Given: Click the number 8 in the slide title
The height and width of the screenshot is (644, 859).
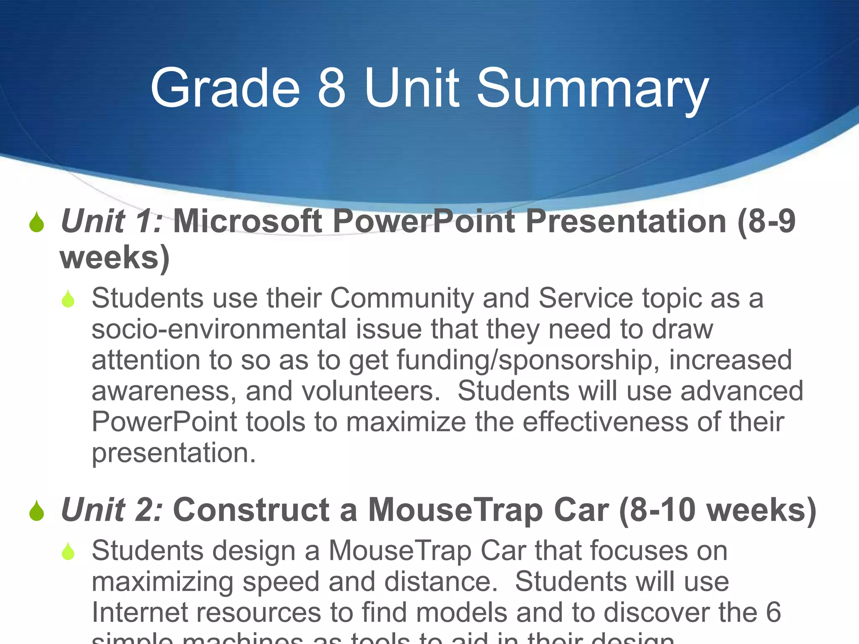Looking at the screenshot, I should (x=331, y=88).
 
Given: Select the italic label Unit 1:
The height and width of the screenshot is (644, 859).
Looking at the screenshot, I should (x=111, y=221).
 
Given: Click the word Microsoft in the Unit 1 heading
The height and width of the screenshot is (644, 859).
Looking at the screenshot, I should (x=247, y=221).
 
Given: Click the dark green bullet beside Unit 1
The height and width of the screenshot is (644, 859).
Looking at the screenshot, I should (x=37, y=222).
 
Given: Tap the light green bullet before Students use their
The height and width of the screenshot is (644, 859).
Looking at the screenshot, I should (x=68, y=299).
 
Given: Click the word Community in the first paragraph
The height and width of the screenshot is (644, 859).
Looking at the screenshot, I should (x=402, y=299).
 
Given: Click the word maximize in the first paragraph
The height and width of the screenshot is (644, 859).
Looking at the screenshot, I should (x=406, y=422).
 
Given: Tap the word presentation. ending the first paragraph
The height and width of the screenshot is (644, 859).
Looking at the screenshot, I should (x=174, y=453).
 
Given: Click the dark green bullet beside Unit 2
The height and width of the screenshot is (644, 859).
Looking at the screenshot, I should (x=37, y=511).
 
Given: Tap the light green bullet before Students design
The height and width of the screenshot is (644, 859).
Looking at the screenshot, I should (x=68, y=551).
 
